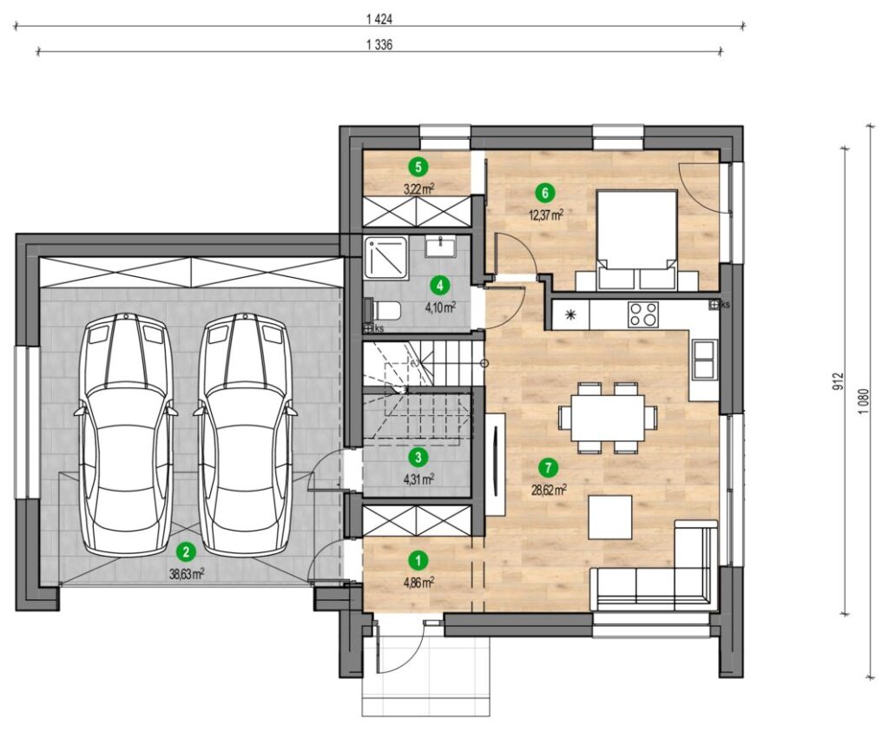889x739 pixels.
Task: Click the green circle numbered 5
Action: coord(418,167)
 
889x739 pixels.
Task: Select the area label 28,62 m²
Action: coord(550,490)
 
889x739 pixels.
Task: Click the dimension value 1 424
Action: coord(379,19)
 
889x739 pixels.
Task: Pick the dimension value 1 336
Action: coord(379,45)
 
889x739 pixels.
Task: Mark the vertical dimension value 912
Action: coord(840,380)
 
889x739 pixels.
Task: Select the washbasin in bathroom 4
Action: coord(440,247)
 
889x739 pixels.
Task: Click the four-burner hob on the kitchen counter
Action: coord(643,314)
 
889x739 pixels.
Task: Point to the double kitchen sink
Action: coord(704,359)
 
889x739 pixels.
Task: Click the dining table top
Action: coord(608,418)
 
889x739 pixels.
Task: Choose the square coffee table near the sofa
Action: coord(610,518)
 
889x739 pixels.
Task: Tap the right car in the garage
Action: coord(245,434)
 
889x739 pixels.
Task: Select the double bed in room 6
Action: coord(636,241)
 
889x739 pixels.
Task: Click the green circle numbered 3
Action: coord(418,456)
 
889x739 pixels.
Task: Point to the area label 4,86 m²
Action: coord(419,582)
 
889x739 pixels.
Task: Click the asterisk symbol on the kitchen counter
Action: coord(570,314)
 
